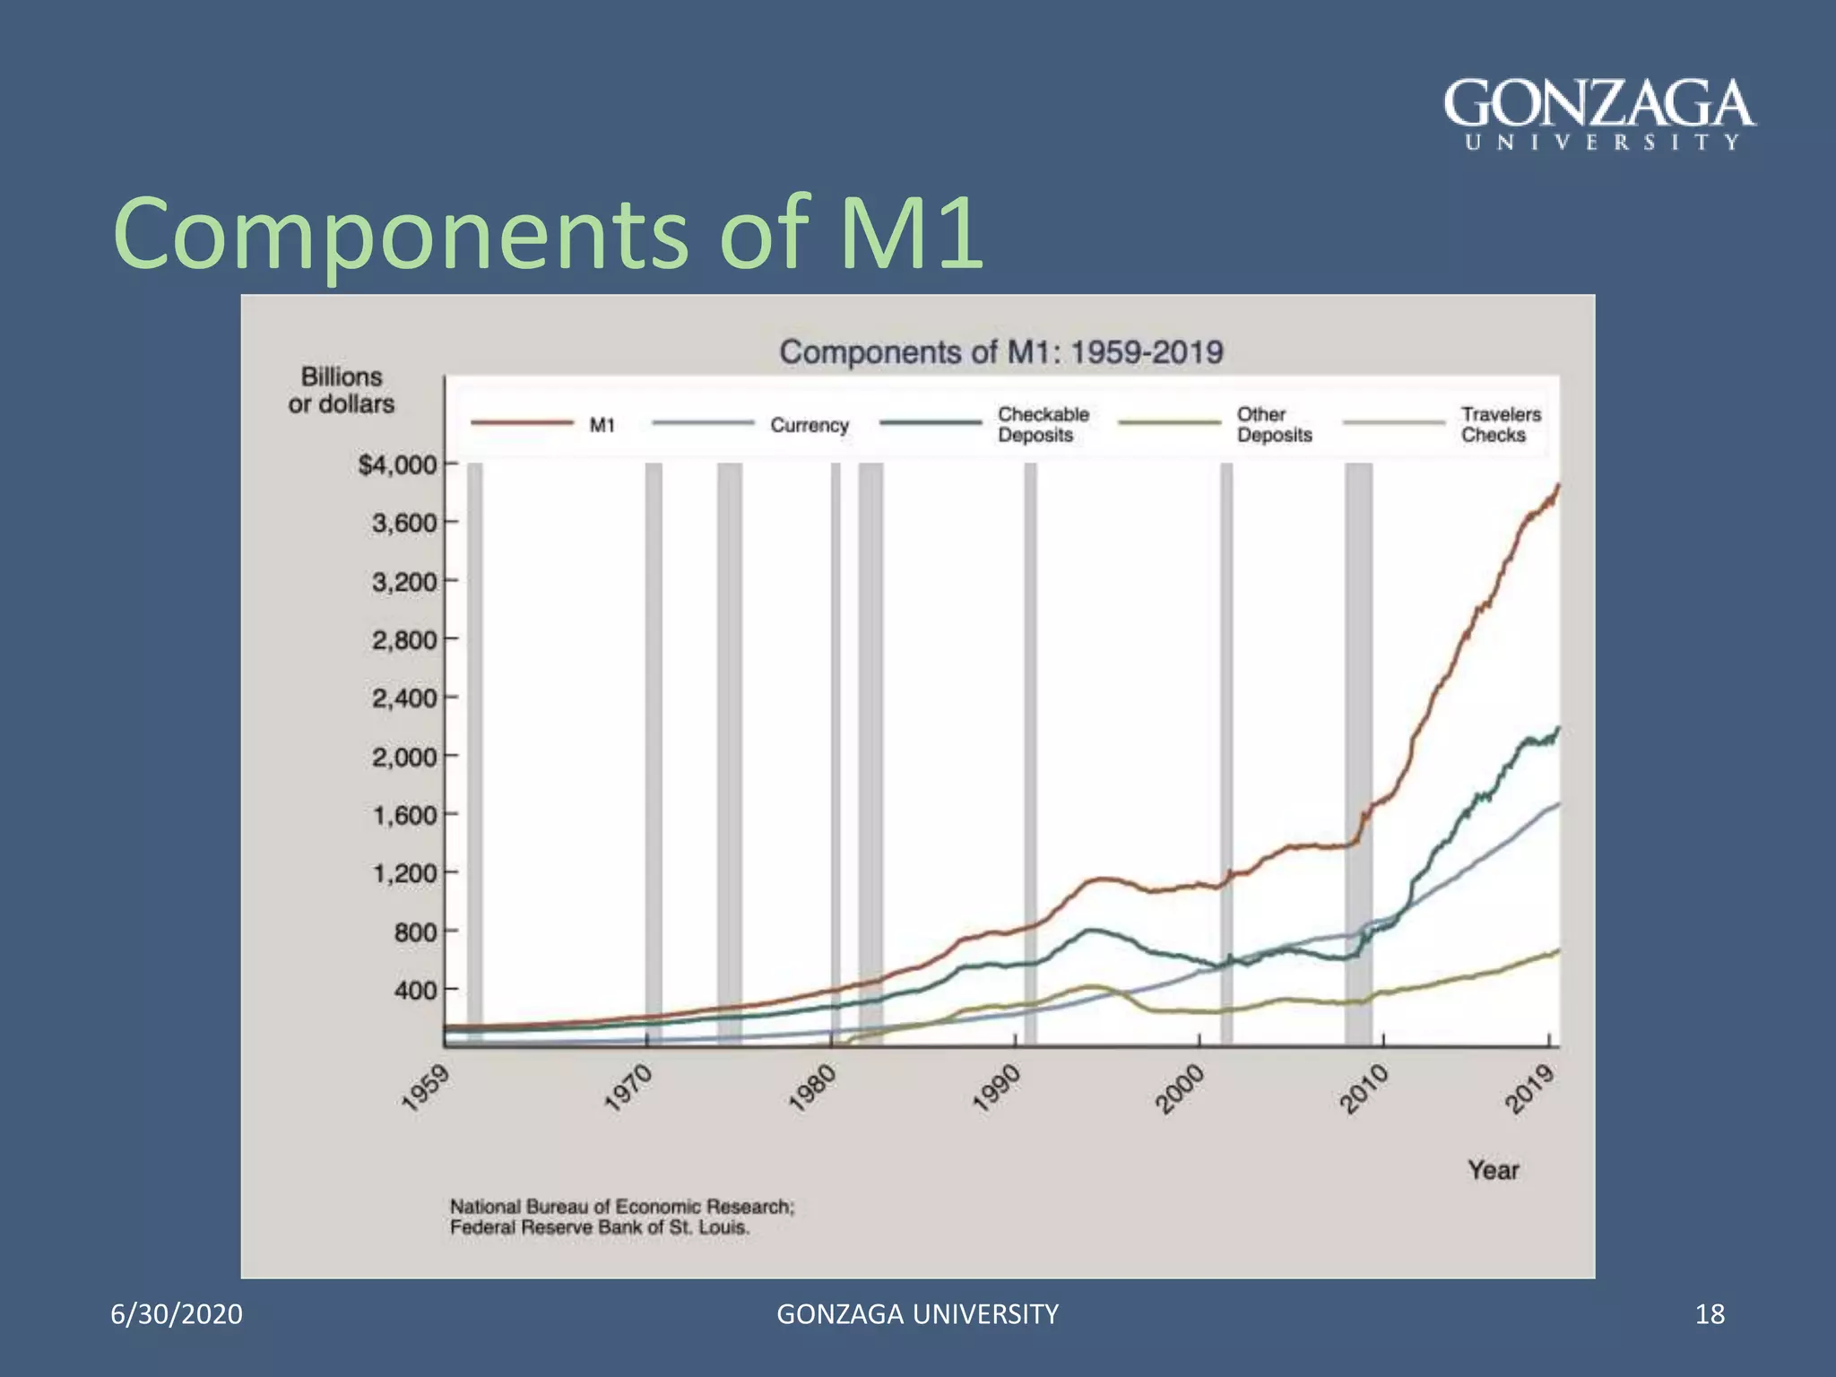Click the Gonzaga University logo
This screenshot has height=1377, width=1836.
(x=1599, y=115)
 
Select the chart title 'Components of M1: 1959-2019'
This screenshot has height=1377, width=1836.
(x=1000, y=351)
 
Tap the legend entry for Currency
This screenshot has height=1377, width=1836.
(x=809, y=425)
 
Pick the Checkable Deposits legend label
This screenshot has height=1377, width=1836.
(x=1043, y=425)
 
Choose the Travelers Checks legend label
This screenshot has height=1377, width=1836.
(x=1500, y=425)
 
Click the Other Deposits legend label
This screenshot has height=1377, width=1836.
(x=1273, y=425)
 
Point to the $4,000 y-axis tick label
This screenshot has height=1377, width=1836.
(x=397, y=465)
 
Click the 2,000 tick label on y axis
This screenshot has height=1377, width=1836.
(x=404, y=757)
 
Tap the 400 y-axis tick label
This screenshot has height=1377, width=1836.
(x=414, y=991)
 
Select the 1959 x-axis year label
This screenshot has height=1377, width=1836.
(x=424, y=1088)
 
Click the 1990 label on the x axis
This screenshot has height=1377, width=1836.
(x=996, y=1088)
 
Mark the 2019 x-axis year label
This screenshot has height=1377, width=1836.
(x=1529, y=1088)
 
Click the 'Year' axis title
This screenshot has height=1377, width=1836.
(x=1493, y=1170)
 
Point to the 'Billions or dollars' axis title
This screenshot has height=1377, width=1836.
(x=342, y=390)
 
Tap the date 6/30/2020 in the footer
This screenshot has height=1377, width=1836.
(x=177, y=1314)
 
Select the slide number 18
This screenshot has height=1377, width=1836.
(x=1710, y=1314)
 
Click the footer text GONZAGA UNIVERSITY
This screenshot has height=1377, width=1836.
(x=917, y=1314)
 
